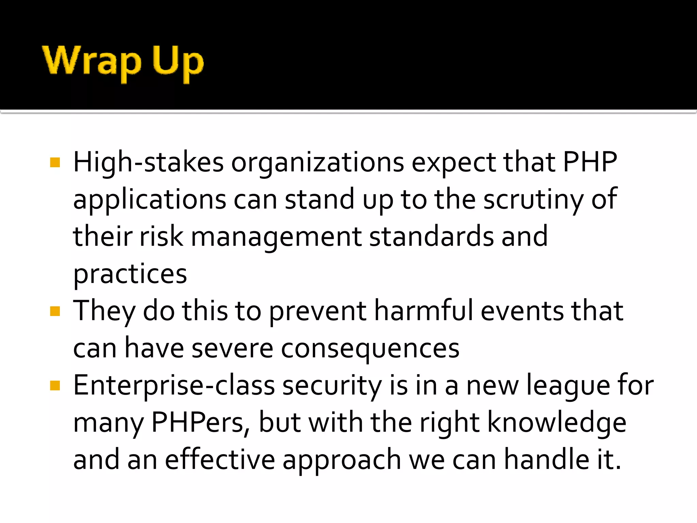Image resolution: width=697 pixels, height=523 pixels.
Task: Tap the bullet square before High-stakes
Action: [x=55, y=162]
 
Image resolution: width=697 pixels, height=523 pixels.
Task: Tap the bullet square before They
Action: [x=55, y=311]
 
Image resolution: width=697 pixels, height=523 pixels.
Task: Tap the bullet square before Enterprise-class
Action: [x=55, y=386]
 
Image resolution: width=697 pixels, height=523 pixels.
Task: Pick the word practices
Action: [x=130, y=274]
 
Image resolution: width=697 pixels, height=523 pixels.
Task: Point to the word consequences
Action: [x=370, y=349]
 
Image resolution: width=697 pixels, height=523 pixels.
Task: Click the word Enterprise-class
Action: [x=174, y=386]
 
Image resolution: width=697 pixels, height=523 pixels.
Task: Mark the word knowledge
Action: [x=557, y=423]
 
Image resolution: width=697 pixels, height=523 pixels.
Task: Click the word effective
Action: [x=220, y=460]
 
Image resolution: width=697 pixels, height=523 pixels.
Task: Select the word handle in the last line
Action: [x=547, y=460]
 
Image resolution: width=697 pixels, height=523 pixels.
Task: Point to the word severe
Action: [x=232, y=349]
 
